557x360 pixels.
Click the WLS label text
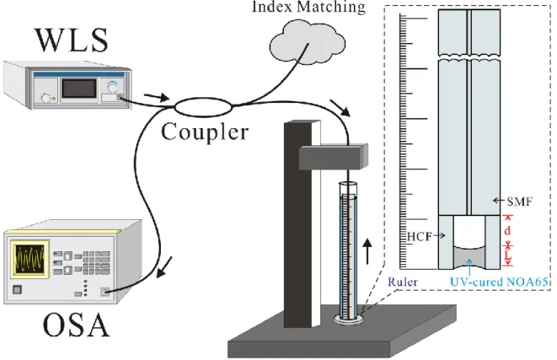click(x=72, y=40)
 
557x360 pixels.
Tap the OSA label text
click(x=76, y=325)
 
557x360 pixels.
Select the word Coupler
click(x=205, y=132)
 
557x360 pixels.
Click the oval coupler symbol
click(x=203, y=106)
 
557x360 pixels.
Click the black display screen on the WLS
click(x=78, y=89)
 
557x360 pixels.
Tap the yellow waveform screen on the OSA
click(x=29, y=257)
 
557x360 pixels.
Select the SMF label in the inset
click(x=519, y=201)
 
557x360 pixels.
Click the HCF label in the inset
click(x=419, y=236)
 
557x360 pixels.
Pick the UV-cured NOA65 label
click(x=499, y=282)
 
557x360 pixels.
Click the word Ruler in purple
click(x=403, y=282)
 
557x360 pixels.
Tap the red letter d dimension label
click(x=507, y=230)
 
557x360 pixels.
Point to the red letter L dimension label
click(x=507, y=255)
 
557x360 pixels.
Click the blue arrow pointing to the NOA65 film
click(x=469, y=267)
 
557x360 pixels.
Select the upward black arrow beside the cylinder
click(x=367, y=251)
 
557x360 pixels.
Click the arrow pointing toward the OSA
click(x=164, y=266)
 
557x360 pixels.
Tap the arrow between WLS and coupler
click(x=156, y=97)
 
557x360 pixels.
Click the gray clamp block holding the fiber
click(x=333, y=156)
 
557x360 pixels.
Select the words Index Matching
click(x=308, y=7)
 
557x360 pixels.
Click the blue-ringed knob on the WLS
click(x=112, y=86)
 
